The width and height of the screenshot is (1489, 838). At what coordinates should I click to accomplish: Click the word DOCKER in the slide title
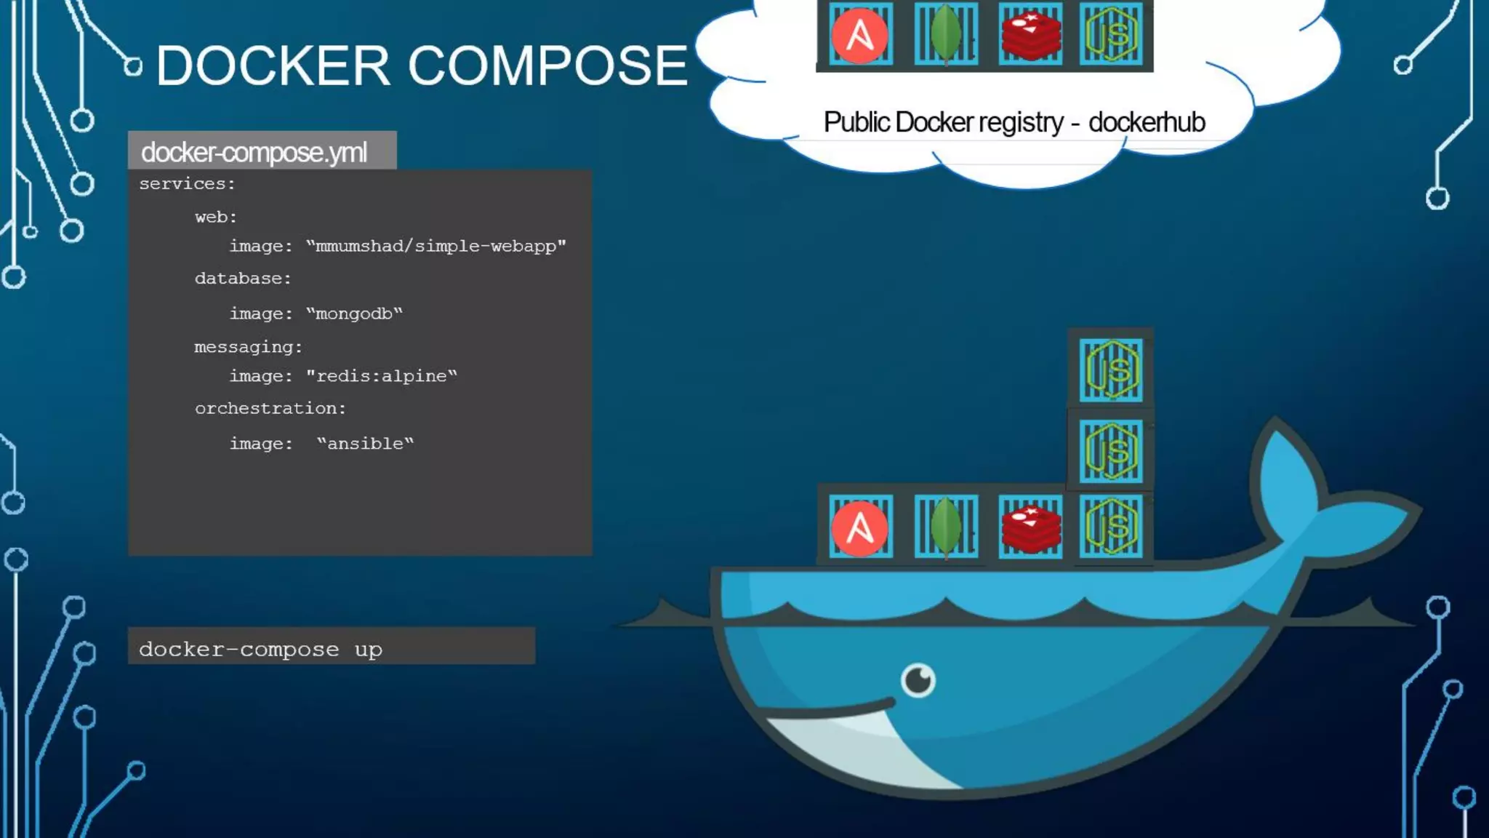click(273, 65)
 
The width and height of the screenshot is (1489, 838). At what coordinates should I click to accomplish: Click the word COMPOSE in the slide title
click(547, 65)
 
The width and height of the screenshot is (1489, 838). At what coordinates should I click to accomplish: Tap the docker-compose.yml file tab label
click(254, 152)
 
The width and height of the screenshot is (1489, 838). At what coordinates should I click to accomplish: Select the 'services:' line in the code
click(188, 184)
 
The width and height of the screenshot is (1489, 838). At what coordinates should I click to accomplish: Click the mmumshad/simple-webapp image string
click(436, 247)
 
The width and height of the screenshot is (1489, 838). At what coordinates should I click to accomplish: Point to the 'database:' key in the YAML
click(243, 279)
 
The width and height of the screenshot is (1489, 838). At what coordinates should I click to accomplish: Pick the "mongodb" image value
click(354, 314)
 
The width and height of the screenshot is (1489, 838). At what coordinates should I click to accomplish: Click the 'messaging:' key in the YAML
click(248, 347)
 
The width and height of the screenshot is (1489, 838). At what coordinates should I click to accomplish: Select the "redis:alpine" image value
click(381, 376)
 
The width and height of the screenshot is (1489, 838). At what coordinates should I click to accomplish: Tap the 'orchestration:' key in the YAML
click(270, 409)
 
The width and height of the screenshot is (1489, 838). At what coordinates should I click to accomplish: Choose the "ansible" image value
click(365, 444)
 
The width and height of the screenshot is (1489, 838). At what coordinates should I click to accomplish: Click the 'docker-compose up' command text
click(260, 649)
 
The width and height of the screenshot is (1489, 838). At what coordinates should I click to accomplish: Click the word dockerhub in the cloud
click(1147, 122)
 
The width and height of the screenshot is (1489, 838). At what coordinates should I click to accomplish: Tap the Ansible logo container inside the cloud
click(860, 34)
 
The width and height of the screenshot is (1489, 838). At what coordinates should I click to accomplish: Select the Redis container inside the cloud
click(1030, 34)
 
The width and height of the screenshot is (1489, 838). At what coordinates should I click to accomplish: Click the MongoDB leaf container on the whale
click(945, 526)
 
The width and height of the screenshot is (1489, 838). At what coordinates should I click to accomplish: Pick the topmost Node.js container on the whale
click(1110, 370)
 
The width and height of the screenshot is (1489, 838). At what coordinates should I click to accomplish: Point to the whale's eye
click(918, 680)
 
